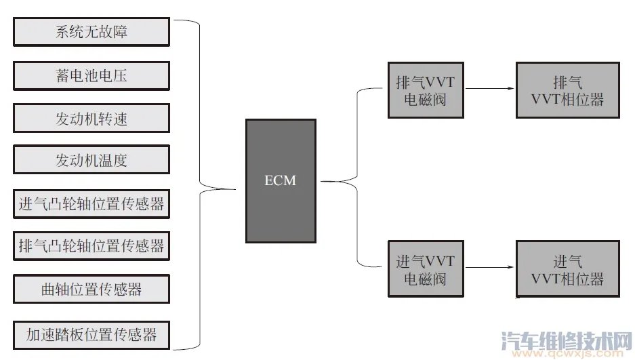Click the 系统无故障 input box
click(x=91, y=32)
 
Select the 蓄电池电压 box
click(x=91, y=75)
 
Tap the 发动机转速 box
click(x=91, y=118)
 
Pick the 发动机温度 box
click(x=91, y=161)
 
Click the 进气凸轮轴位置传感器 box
click(x=91, y=204)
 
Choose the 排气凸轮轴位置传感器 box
click(x=91, y=246)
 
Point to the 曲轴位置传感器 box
click(x=91, y=289)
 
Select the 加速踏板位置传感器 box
click(x=91, y=334)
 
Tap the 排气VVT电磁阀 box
click(x=426, y=90)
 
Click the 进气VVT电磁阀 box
click(x=426, y=268)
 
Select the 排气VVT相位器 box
click(x=567, y=90)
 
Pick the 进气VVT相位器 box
click(x=567, y=268)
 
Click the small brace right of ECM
click(x=356, y=181)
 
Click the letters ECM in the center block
click(x=281, y=180)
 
